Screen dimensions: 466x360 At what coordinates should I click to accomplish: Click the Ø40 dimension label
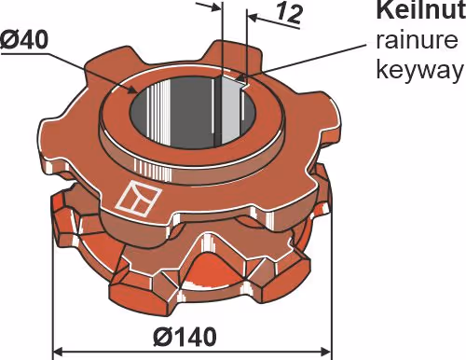pyautogui.click(x=24, y=40)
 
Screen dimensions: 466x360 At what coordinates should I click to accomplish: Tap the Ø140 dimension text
pyautogui.click(x=185, y=337)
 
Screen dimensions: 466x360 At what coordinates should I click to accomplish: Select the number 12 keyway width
pyautogui.click(x=289, y=14)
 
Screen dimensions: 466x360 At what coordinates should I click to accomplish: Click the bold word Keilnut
pyautogui.click(x=420, y=10)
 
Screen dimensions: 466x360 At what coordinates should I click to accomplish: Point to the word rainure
pyautogui.click(x=417, y=40)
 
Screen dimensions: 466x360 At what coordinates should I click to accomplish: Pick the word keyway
pyautogui.click(x=419, y=70)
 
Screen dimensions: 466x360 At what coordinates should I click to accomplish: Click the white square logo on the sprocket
pyautogui.click(x=139, y=199)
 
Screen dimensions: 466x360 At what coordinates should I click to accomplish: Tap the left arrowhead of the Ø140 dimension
pyautogui.click(x=59, y=353)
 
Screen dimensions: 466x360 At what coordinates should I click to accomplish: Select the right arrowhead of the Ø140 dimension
pyautogui.click(x=325, y=353)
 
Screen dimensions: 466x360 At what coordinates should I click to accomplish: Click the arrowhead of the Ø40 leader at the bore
pyautogui.click(x=133, y=90)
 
